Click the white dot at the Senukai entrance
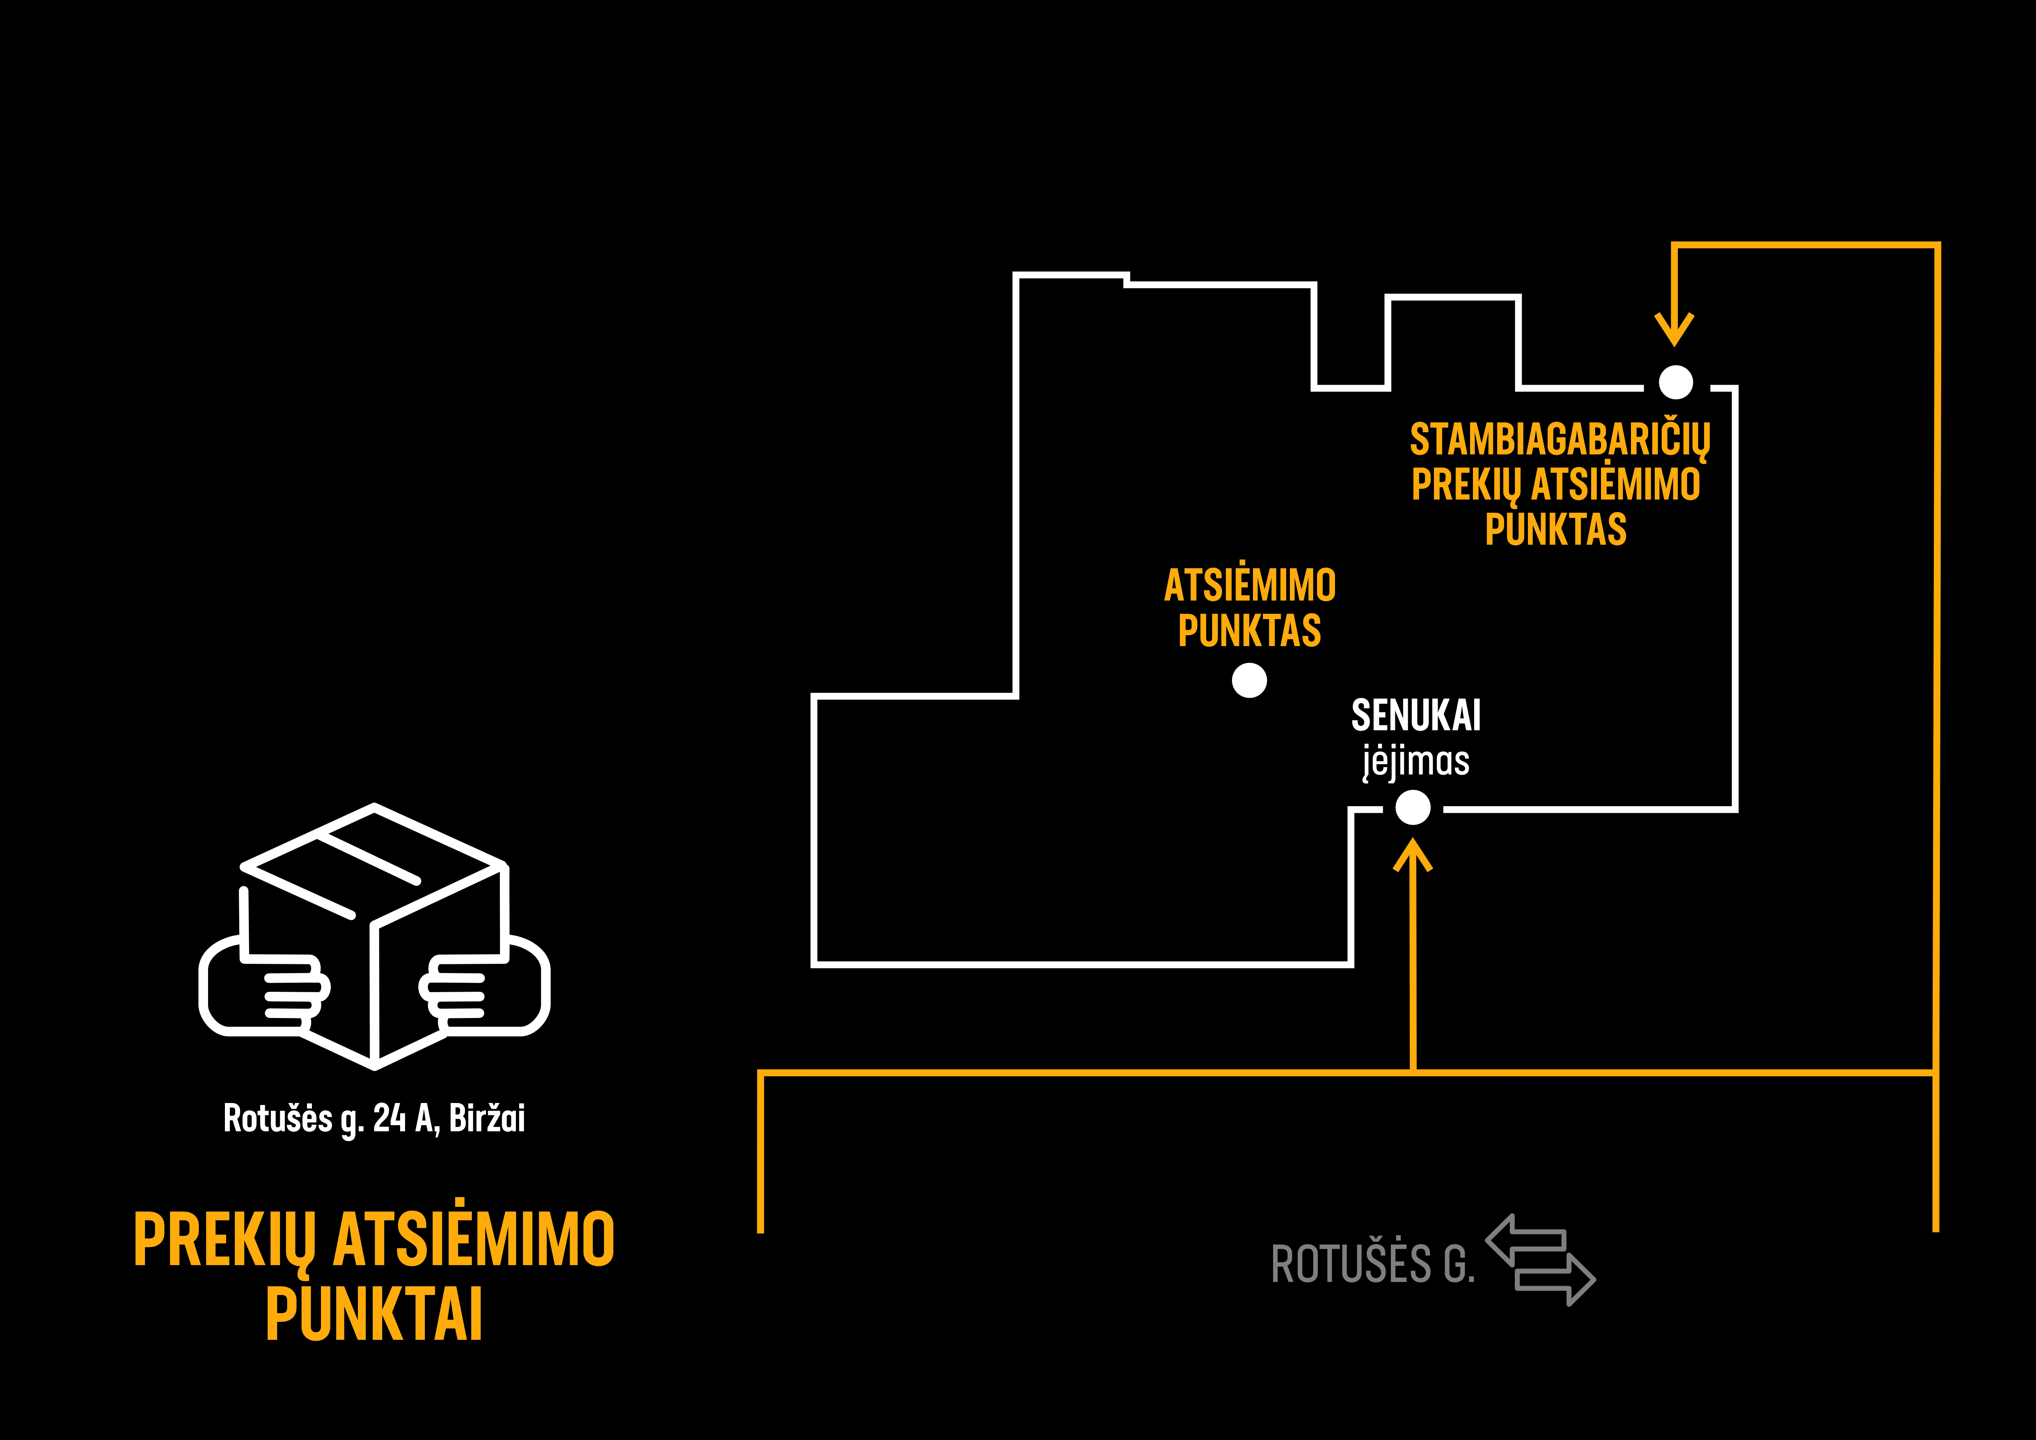coord(1413,808)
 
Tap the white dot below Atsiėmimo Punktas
coord(1249,681)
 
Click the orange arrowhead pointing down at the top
coord(1674,328)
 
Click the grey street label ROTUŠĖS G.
coord(1373,1263)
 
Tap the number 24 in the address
coord(389,1118)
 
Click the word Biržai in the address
coord(487,1118)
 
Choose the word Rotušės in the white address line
coord(277,1118)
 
